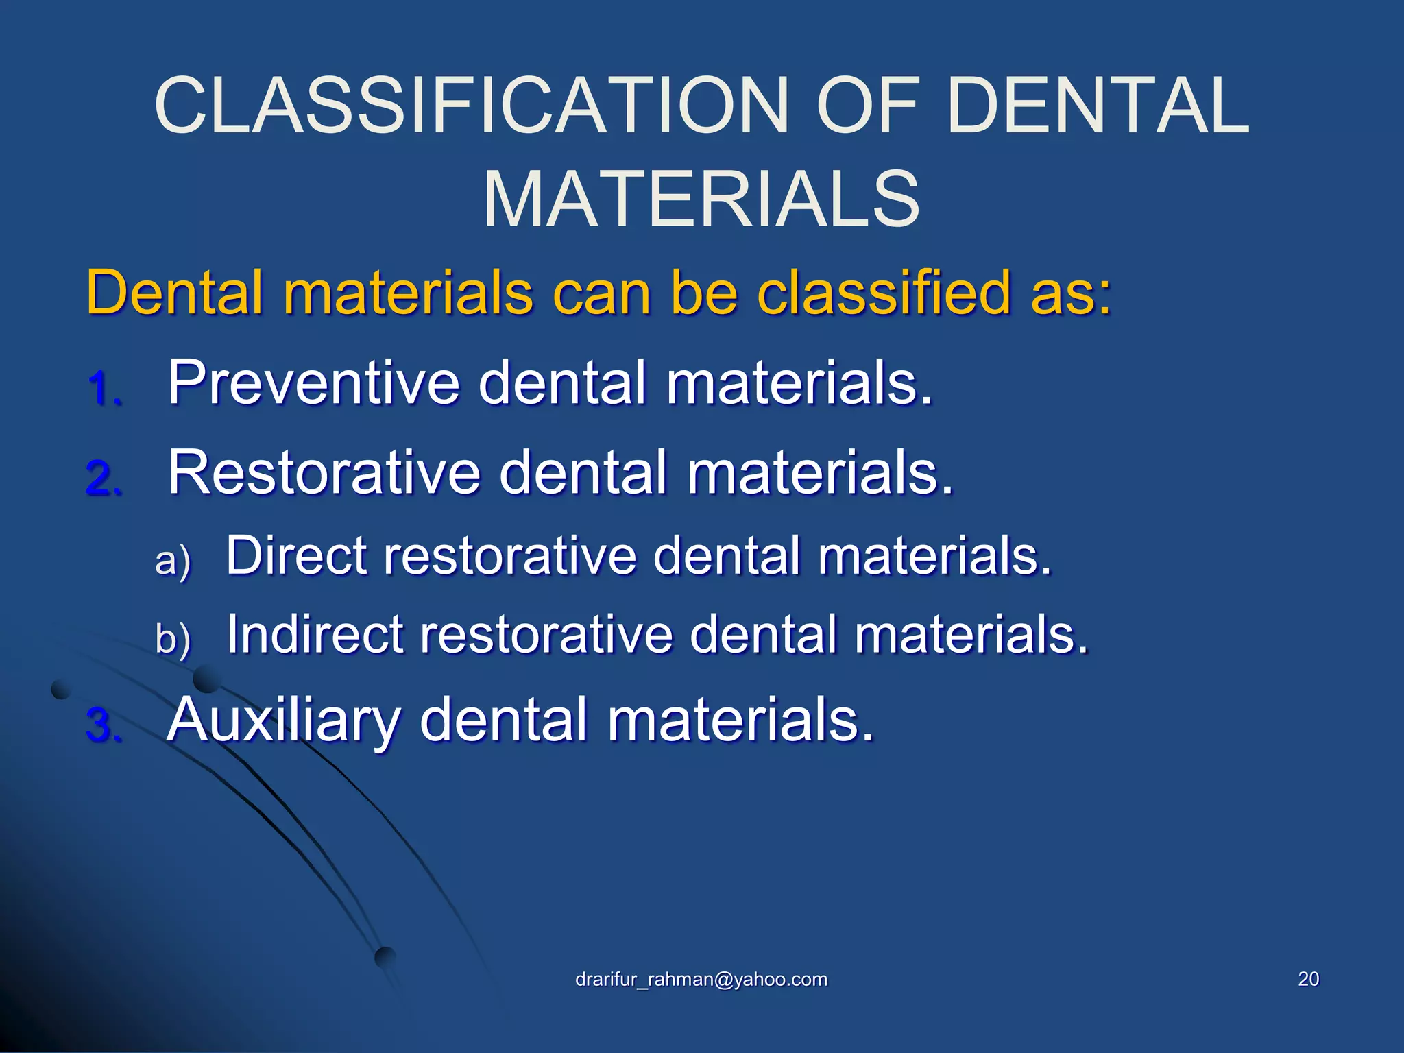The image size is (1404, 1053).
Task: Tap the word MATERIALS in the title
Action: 701,199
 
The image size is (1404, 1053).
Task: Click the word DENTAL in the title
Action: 1097,106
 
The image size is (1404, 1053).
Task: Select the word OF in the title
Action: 867,106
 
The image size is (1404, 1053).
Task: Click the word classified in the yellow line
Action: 884,293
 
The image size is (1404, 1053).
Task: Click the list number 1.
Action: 104,389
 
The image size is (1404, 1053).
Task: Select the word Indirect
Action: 315,634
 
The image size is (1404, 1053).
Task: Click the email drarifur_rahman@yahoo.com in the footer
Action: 701,979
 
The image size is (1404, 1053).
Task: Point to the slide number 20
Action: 1308,979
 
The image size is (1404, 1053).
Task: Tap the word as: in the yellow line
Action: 1070,293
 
